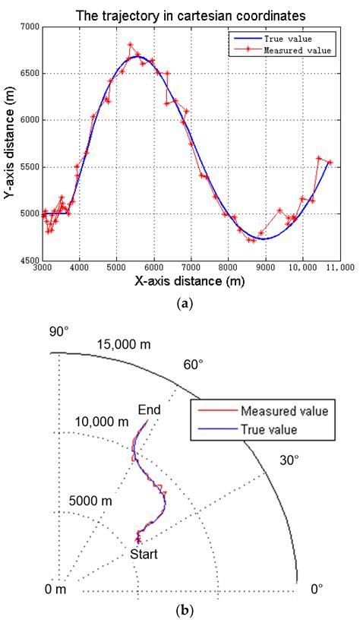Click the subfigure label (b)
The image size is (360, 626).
coord(180,610)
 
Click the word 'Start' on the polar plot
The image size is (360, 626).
coord(143,554)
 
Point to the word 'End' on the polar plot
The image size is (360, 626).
coord(149,411)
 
